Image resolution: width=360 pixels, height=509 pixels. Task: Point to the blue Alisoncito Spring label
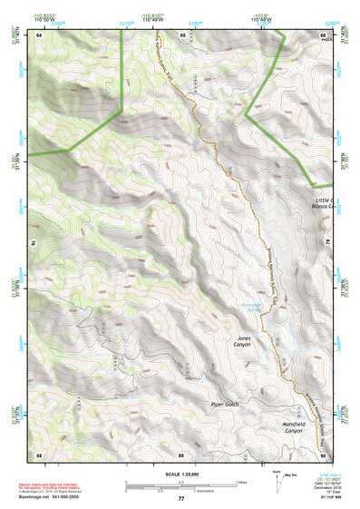pos(253,307)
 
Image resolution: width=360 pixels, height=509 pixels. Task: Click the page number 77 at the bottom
pos(180,499)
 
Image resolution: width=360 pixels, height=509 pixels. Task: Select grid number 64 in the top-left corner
pos(39,34)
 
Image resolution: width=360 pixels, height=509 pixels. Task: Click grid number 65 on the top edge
pos(181,34)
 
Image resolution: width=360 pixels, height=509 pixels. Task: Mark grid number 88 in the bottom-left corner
pos(39,453)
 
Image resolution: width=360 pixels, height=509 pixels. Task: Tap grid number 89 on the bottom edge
pos(181,453)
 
